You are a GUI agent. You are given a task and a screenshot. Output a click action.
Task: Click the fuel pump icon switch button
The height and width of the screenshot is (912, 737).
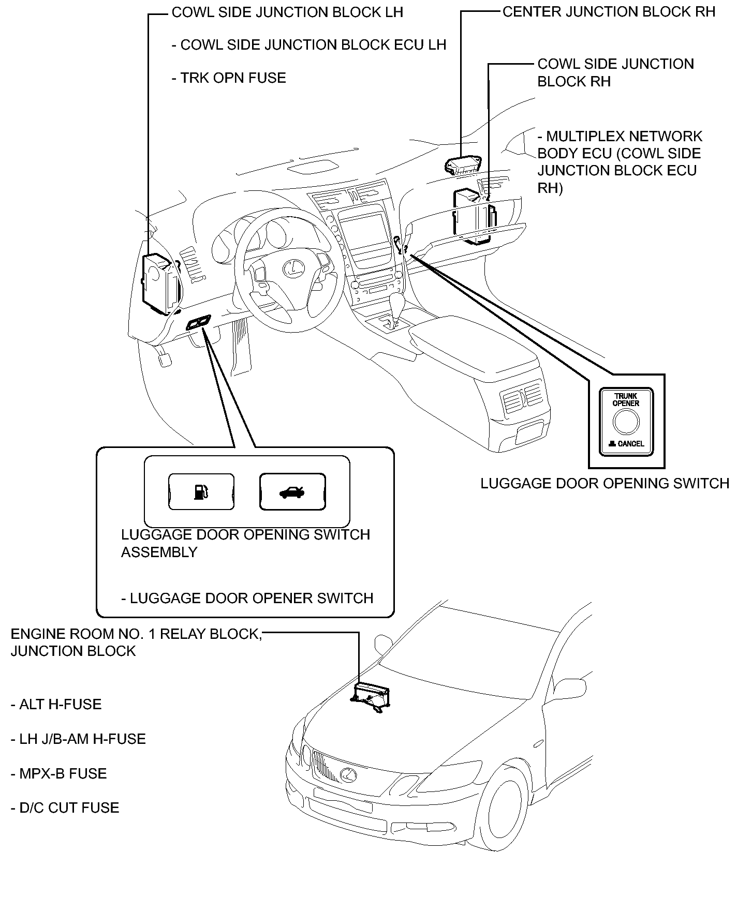tap(201, 491)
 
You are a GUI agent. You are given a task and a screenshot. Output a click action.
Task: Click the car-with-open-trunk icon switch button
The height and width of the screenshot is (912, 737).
tap(292, 491)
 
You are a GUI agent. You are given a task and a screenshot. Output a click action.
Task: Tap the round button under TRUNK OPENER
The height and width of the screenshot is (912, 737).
tap(626, 422)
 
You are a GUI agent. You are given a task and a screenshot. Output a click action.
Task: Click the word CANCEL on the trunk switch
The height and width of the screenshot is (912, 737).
tap(631, 443)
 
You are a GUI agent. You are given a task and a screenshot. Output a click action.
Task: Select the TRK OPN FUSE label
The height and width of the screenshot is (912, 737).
tap(229, 78)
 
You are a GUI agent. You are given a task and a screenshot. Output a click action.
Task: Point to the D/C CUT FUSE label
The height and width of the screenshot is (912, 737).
tap(65, 808)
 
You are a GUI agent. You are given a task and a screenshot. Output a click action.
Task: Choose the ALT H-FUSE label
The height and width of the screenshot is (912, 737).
tap(56, 705)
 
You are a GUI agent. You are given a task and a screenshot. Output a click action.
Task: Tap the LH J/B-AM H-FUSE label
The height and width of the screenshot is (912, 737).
tap(78, 739)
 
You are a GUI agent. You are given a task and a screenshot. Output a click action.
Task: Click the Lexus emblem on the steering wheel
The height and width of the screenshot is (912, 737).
tap(292, 267)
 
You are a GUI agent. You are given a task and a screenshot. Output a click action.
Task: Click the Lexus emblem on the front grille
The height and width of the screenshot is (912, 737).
tap(349, 774)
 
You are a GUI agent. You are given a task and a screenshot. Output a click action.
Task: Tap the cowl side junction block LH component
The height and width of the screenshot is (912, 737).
tap(160, 283)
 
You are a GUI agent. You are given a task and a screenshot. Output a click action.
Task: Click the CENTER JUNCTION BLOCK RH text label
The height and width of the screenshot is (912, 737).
tap(609, 11)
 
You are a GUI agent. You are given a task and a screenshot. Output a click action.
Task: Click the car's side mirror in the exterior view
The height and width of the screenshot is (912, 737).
tap(384, 645)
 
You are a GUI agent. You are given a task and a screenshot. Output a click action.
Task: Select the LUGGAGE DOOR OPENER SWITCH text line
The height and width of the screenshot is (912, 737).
tap(247, 599)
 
